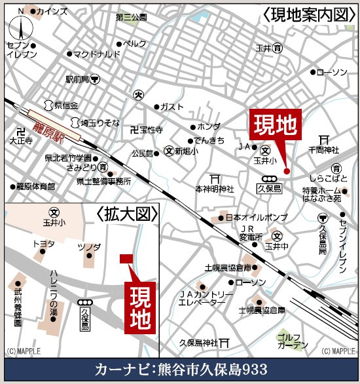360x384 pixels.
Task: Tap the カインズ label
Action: [x=52, y=12]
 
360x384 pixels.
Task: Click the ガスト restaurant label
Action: [x=172, y=106]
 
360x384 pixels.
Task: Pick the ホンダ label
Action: [x=209, y=126]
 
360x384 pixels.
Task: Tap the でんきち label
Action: [x=211, y=140]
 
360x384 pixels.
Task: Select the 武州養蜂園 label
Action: [x=18, y=301]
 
